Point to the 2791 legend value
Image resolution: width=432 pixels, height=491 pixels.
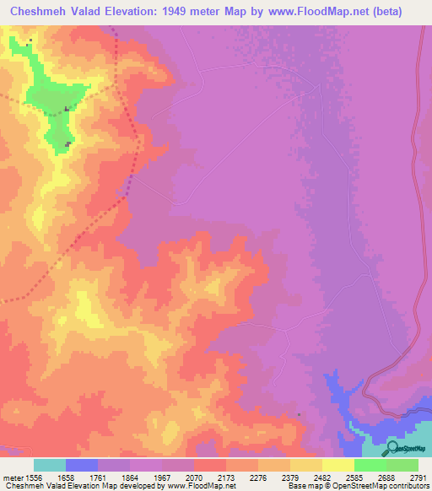point(418,478)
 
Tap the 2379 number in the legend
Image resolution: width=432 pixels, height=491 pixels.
point(273,478)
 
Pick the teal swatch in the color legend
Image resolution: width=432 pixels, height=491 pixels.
point(50,465)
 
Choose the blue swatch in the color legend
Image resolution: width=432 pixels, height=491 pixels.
point(82,465)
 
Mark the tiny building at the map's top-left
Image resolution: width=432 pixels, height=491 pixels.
point(30,40)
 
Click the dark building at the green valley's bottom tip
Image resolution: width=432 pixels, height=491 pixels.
point(68,143)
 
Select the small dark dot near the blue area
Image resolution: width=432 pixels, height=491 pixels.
point(299,414)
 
